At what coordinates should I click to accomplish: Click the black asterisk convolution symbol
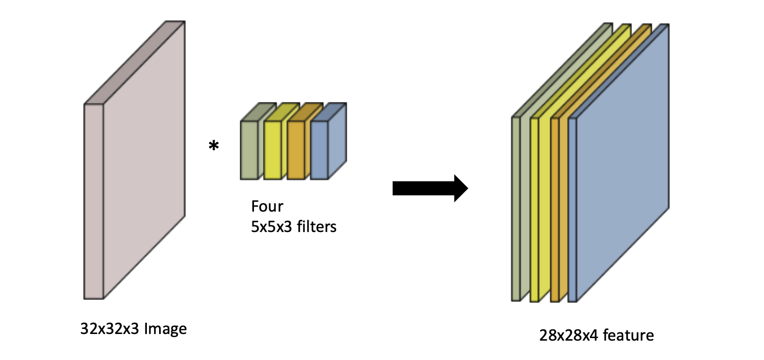tap(214, 146)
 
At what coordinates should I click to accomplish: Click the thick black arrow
tap(430, 188)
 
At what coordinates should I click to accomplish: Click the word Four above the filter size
tap(267, 207)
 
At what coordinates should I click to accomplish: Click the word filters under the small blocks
tap(317, 226)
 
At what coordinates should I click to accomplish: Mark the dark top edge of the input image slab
tap(135, 61)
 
